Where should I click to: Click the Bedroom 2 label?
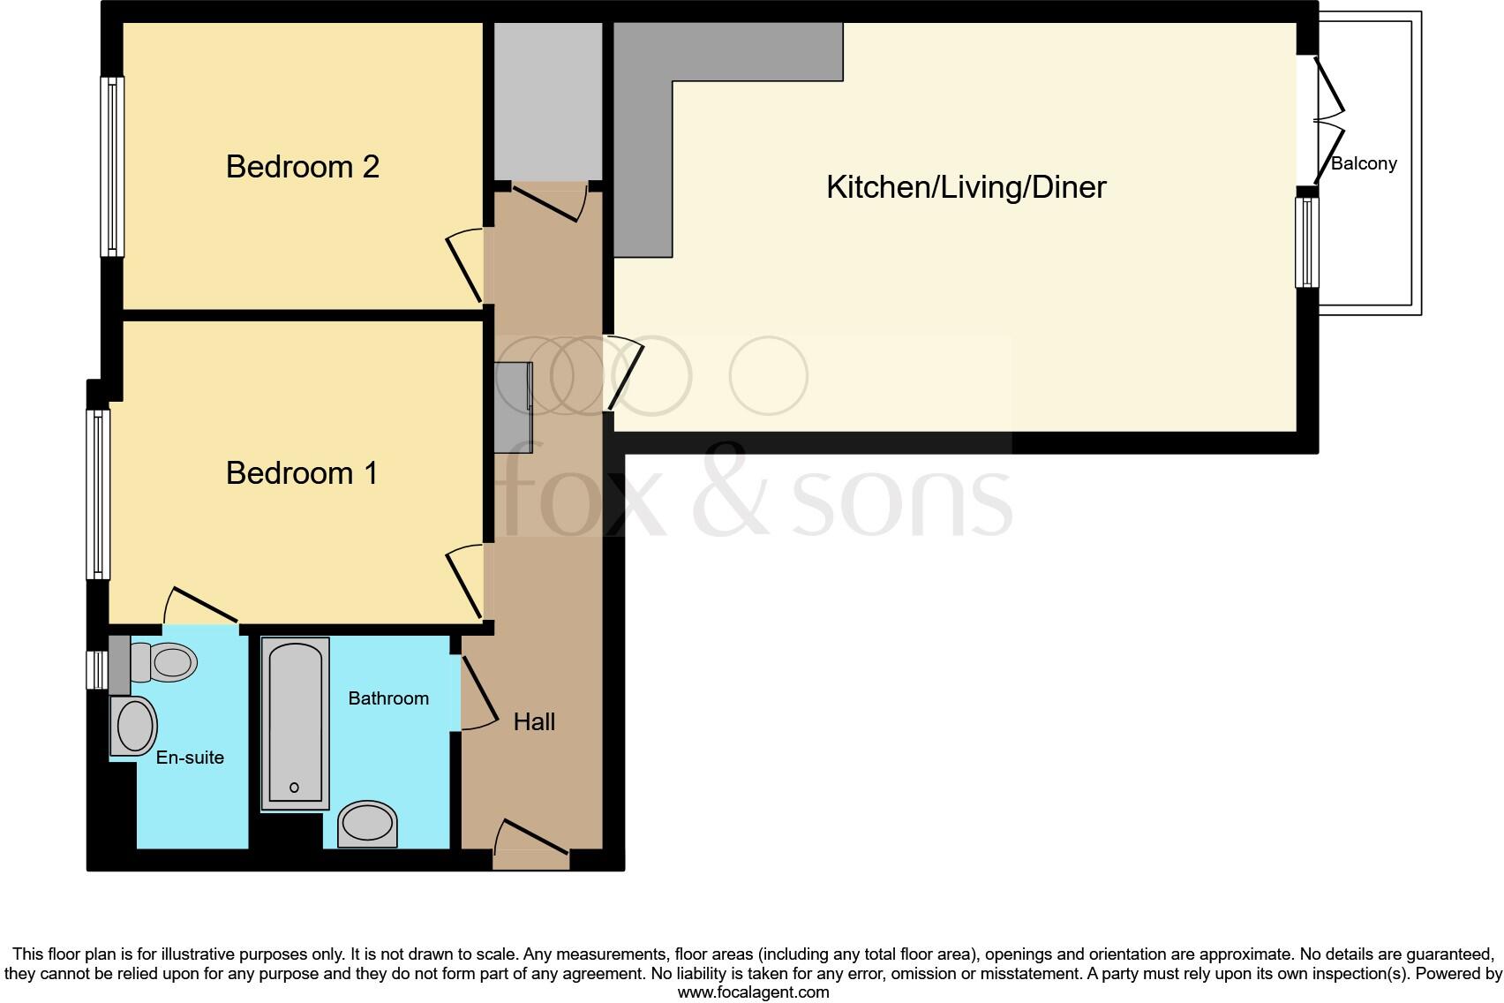[x=302, y=167]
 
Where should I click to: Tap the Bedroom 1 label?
[x=302, y=473]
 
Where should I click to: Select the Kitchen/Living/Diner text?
[x=966, y=187]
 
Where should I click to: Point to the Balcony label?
[x=1364, y=163]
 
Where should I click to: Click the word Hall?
[x=534, y=721]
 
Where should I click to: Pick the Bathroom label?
[x=388, y=698]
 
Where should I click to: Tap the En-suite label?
[x=190, y=758]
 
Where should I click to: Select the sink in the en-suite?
[x=133, y=726]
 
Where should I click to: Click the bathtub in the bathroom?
[x=295, y=723]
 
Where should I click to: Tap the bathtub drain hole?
[x=294, y=788]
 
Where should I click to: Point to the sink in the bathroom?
[x=367, y=824]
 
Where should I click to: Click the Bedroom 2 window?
[x=112, y=167]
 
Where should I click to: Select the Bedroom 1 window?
[x=98, y=494]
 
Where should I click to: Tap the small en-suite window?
[x=97, y=670]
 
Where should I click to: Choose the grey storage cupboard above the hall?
[x=548, y=102]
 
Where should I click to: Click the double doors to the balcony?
[x=1320, y=122]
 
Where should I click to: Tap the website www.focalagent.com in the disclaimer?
[x=754, y=992]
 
